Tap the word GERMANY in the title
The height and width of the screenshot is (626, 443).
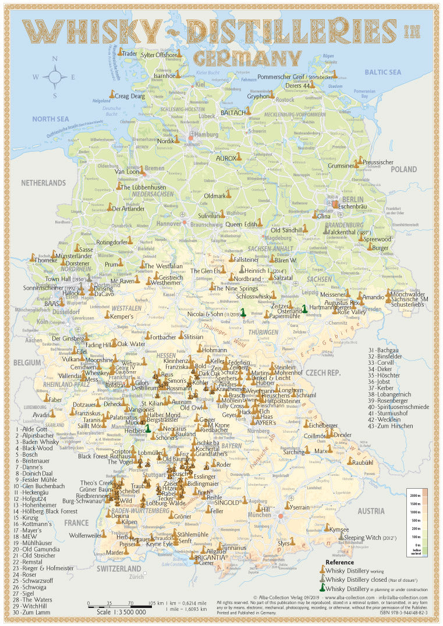tap(247, 58)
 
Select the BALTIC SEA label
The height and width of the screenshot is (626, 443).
tap(382, 72)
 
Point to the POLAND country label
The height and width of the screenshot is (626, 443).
tap(403, 169)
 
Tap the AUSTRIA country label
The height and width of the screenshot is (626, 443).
tap(371, 511)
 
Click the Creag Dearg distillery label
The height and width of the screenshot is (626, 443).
tap(130, 96)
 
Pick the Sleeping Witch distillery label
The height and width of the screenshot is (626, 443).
tap(364, 538)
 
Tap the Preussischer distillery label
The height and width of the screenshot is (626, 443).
tap(378, 162)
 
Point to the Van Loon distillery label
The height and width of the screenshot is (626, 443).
tap(126, 172)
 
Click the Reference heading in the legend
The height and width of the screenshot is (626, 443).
tap(339, 562)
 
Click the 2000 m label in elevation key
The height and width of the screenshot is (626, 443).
tap(415, 495)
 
